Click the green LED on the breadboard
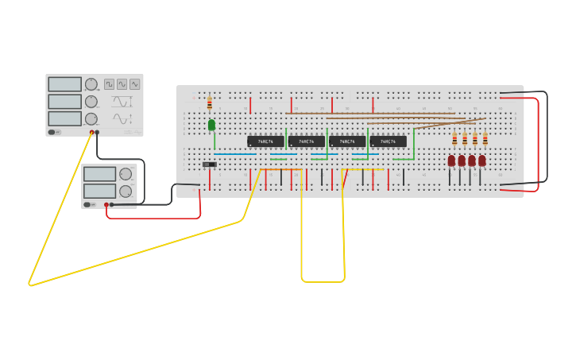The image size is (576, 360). (x=211, y=125)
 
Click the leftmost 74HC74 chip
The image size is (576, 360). (x=265, y=141)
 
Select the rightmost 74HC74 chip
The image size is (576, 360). (x=388, y=141)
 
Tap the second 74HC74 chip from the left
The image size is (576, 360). (x=306, y=141)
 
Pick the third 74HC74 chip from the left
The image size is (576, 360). (x=347, y=141)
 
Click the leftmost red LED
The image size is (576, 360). (x=451, y=161)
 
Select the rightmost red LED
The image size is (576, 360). (x=482, y=161)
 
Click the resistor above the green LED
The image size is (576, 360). (x=210, y=103)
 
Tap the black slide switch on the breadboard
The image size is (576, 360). (x=209, y=165)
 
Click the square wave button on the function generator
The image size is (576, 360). (x=110, y=83)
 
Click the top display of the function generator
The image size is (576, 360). (x=64, y=84)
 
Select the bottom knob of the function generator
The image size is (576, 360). (x=91, y=118)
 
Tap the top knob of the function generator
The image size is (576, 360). (x=91, y=84)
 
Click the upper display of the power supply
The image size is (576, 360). (x=100, y=174)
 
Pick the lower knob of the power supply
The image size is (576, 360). (x=126, y=192)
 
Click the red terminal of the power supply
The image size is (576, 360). (x=106, y=204)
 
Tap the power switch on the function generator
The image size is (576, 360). (x=53, y=132)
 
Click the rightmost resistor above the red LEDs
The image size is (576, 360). (x=485, y=139)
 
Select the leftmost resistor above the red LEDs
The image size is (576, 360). (x=454, y=139)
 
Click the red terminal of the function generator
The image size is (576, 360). (x=91, y=132)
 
